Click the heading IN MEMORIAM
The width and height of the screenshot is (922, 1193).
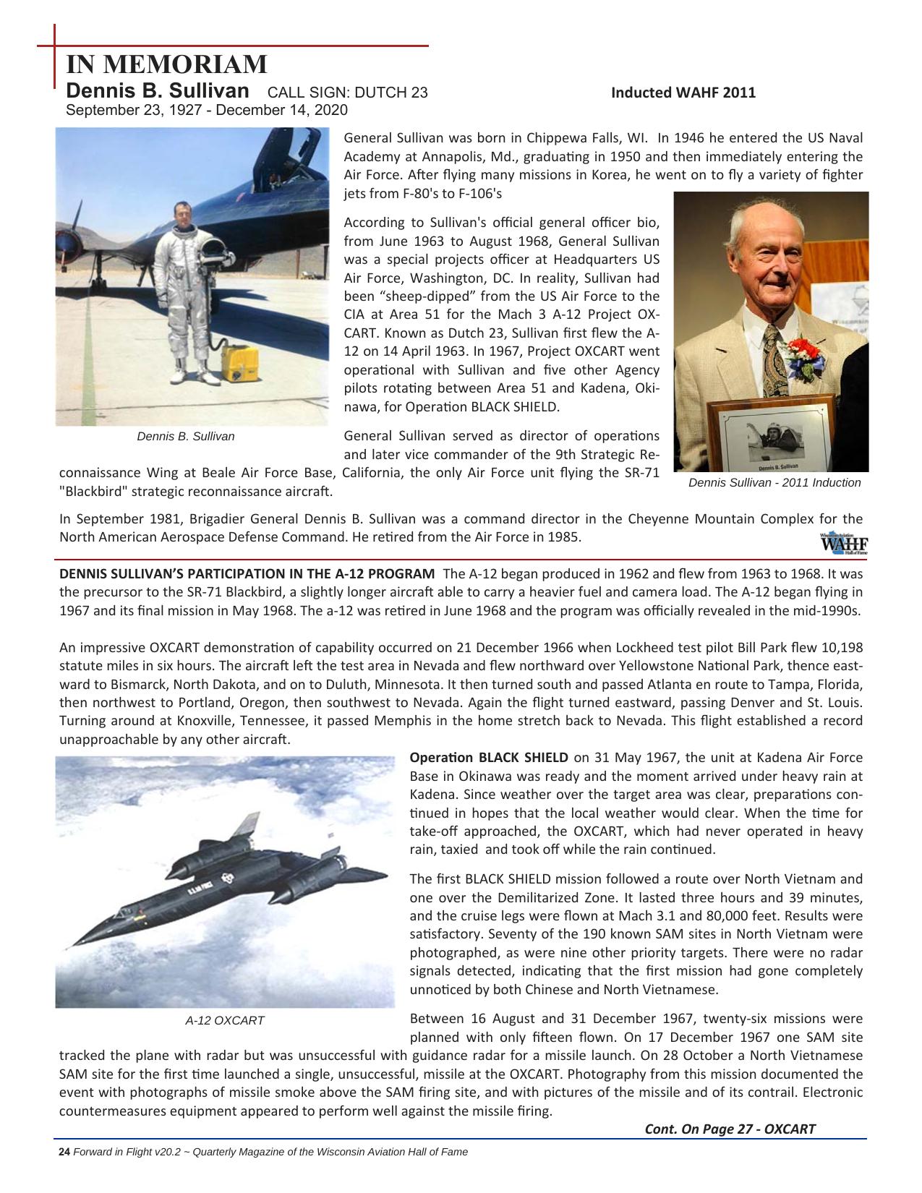tap(167, 65)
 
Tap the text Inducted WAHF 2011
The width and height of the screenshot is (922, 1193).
tap(683, 93)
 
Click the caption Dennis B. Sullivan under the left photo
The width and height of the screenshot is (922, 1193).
tap(186, 437)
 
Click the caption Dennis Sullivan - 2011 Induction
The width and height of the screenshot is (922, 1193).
tap(774, 483)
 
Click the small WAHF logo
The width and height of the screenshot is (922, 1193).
tap(844, 543)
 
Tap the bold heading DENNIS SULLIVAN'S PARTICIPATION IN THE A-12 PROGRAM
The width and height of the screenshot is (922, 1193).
tap(247, 574)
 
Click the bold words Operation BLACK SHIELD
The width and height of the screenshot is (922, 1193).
tap(488, 758)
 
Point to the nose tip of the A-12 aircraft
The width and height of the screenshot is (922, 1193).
tap(67, 946)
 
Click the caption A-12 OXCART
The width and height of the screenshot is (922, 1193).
tap(225, 1021)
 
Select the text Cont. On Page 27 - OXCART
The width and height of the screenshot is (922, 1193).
tap(730, 1129)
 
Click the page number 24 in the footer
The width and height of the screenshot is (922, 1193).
tap(64, 1152)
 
